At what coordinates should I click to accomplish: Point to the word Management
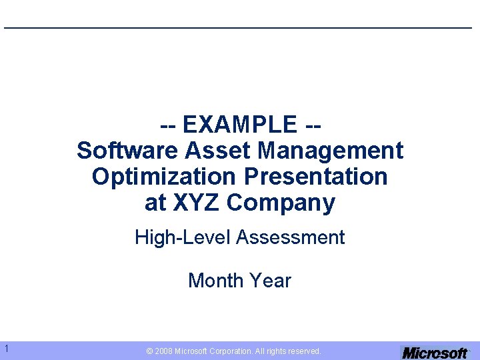tap(331, 151)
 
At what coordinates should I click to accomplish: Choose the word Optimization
tap(164, 177)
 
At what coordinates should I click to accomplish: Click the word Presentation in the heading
tap(316, 177)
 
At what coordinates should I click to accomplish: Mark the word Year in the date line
tap(271, 281)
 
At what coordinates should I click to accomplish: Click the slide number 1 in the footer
tap(6, 348)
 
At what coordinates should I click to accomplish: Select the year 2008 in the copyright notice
tap(164, 351)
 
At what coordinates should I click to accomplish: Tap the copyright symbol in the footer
tap(150, 351)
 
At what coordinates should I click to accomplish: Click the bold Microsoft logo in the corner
tap(435, 353)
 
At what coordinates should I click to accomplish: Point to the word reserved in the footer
tap(303, 351)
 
